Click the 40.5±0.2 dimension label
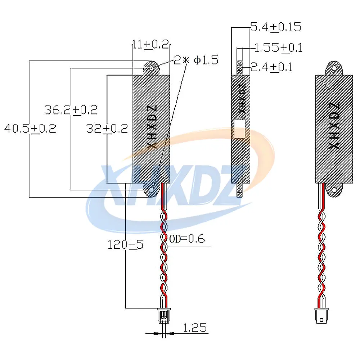pos(30,129)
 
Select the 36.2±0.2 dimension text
pos(71,110)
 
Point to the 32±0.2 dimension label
pos(107,129)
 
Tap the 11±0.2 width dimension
pos(150,44)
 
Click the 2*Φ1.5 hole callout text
pos(196,60)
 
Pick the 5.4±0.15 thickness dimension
pos(275,27)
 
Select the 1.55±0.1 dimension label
pos(279,48)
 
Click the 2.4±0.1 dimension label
pos(271,67)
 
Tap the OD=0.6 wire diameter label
pos(187,239)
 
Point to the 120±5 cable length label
pos(125,245)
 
